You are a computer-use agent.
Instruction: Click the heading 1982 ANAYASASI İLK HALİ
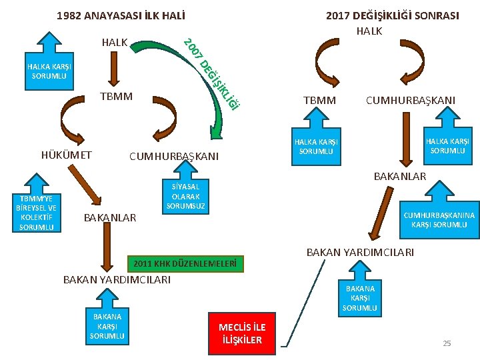click(121, 15)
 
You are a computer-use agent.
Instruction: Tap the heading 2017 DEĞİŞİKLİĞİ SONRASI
click(392, 15)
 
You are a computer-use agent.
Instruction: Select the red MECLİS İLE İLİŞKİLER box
click(242, 333)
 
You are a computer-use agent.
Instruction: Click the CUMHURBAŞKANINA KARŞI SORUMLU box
click(439, 220)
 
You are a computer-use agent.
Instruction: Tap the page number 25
click(447, 343)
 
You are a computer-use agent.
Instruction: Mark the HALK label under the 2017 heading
click(369, 31)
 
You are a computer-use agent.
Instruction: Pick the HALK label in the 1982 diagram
click(115, 42)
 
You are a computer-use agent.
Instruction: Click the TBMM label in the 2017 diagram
click(320, 100)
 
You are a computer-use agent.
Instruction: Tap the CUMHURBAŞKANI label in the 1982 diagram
click(173, 157)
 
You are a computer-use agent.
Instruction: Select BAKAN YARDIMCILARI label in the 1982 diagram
click(116, 279)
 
